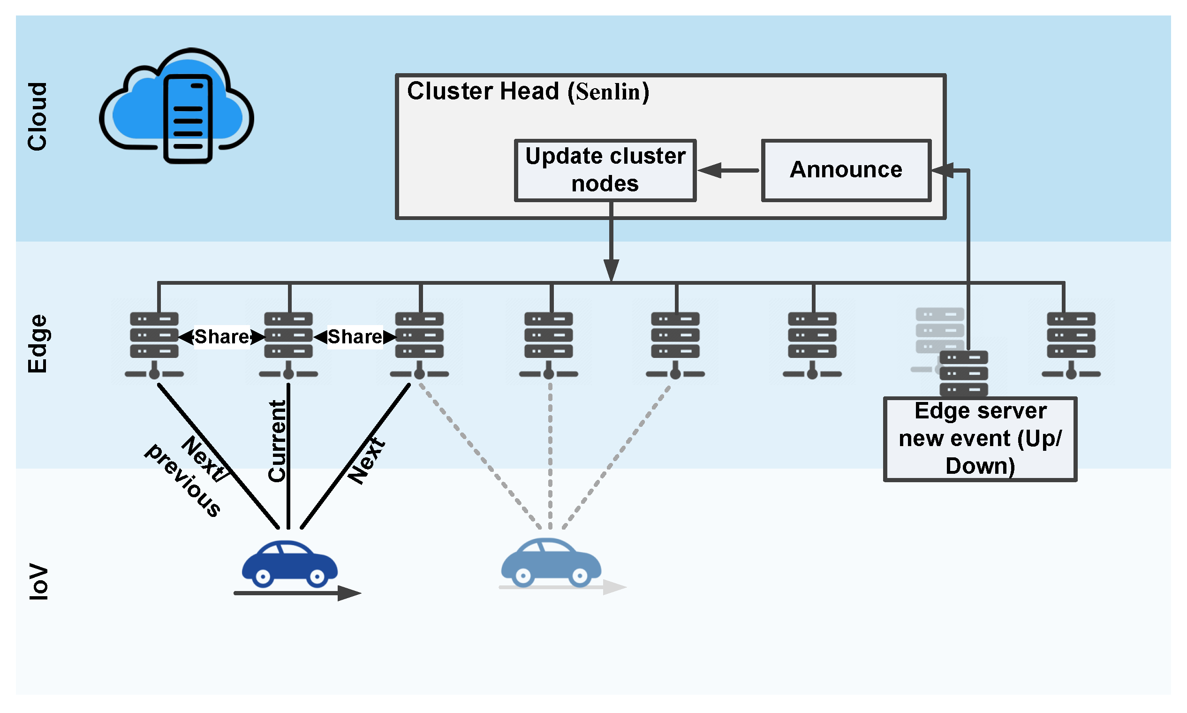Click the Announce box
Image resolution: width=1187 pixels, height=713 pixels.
pyautogui.click(x=846, y=170)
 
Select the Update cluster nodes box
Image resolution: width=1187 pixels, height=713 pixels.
pyautogui.click(x=605, y=170)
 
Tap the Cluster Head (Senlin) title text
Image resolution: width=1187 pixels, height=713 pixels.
pyautogui.click(x=528, y=91)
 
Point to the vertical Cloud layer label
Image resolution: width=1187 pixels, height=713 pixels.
pyautogui.click(x=38, y=117)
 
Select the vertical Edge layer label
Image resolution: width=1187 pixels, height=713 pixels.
pyautogui.click(x=38, y=343)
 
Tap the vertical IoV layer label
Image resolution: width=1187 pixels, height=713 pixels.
pyautogui.click(x=38, y=582)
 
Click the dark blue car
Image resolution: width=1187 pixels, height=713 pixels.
pyautogui.click(x=289, y=563)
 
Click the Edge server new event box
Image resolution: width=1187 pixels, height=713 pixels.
pyautogui.click(x=980, y=439)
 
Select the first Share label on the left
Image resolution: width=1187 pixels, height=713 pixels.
pyautogui.click(x=222, y=337)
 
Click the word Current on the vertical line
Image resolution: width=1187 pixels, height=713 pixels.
pyautogui.click(x=278, y=441)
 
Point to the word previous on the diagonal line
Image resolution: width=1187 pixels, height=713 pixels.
pyautogui.click(x=183, y=480)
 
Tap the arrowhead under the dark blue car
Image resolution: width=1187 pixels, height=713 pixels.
pyautogui.click(x=349, y=593)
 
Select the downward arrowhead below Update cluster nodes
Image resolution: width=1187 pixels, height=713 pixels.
pyautogui.click(x=611, y=270)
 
